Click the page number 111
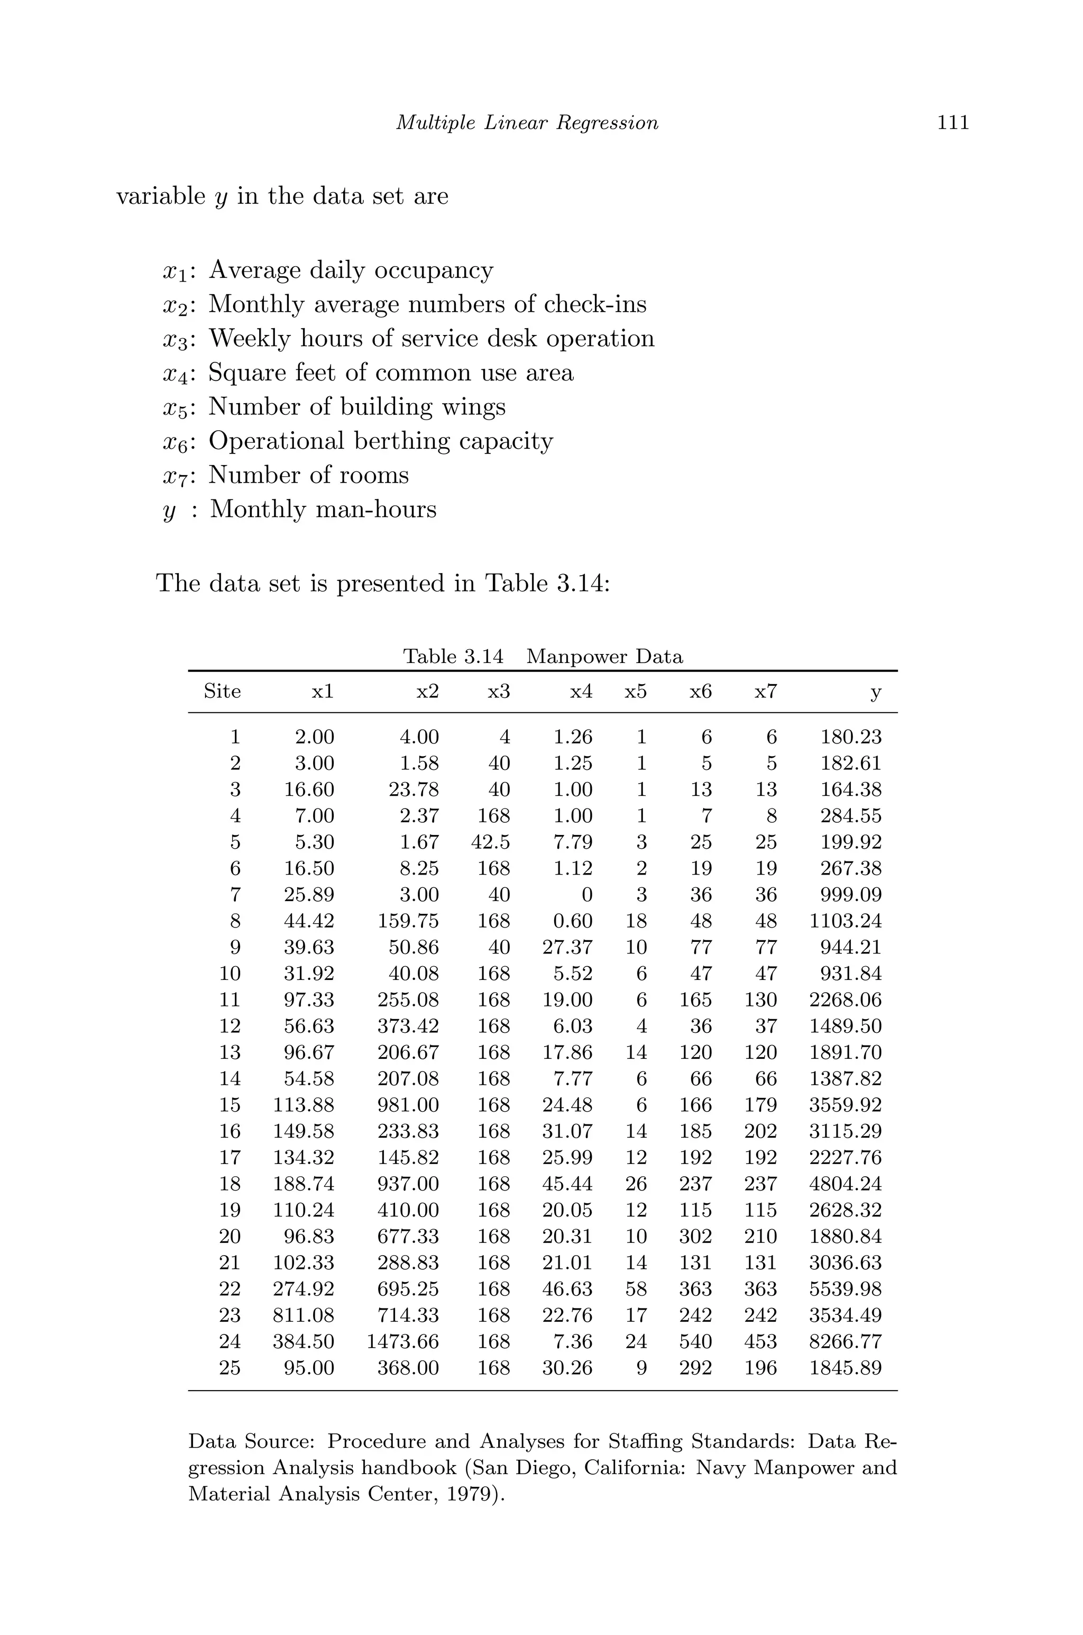coord(952,123)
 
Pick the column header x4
coord(581,692)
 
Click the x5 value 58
coord(636,1289)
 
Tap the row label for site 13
coord(230,1052)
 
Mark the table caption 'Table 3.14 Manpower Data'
coord(543,657)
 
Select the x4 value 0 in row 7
coord(586,895)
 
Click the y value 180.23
coord(850,737)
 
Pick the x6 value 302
coord(695,1236)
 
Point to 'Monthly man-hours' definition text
coord(323,510)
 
